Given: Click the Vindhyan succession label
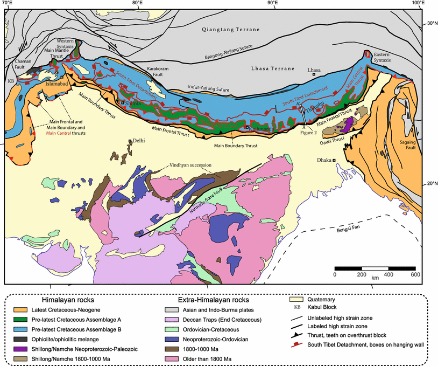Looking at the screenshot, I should pyautogui.click(x=191, y=165).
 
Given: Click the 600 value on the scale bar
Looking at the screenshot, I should pyautogui.click(x=415, y=275).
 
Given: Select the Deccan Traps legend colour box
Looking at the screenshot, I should pyautogui.click(x=174, y=320).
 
